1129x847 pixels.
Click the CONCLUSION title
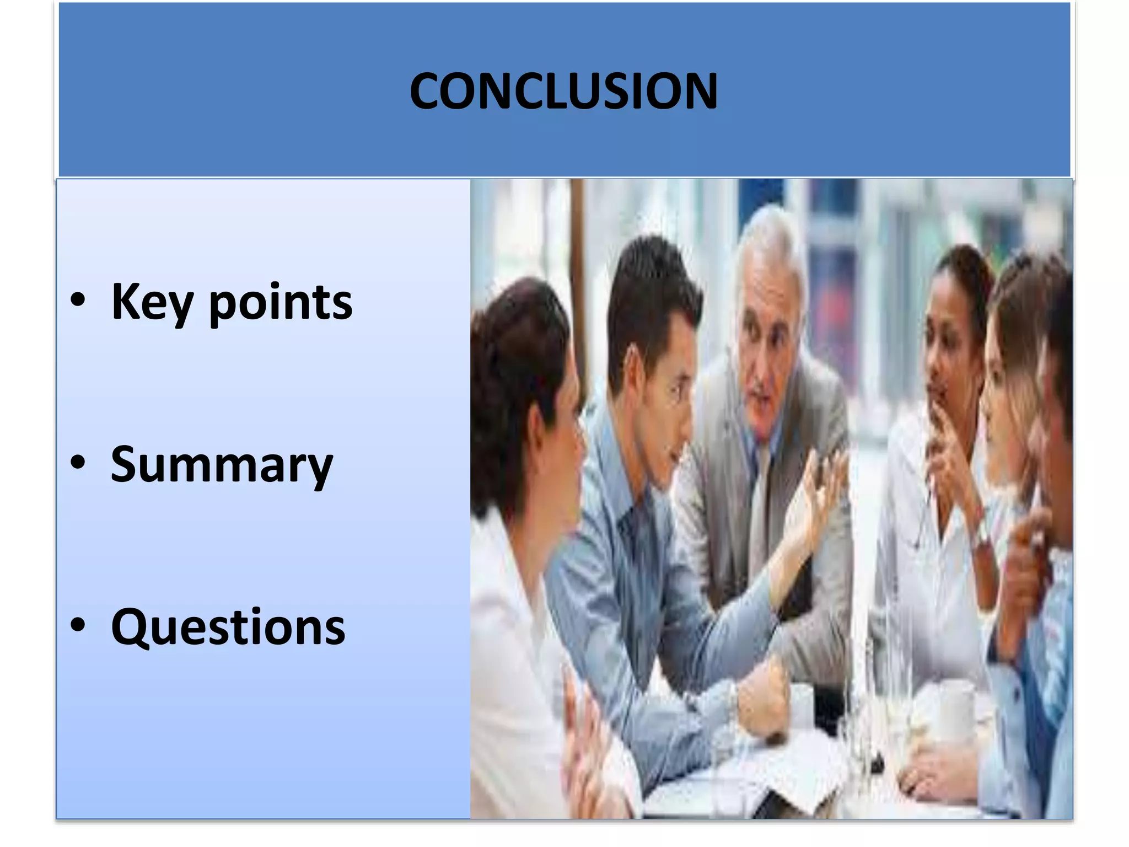[563, 92]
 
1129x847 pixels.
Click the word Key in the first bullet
[152, 302]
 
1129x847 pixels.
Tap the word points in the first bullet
[280, 302]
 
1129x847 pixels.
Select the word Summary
[222, 465]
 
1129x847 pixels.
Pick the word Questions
[228, 627]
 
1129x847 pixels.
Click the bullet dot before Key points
[78, 301]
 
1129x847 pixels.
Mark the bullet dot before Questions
[78, 625]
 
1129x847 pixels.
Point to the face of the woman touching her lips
[945, 353]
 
